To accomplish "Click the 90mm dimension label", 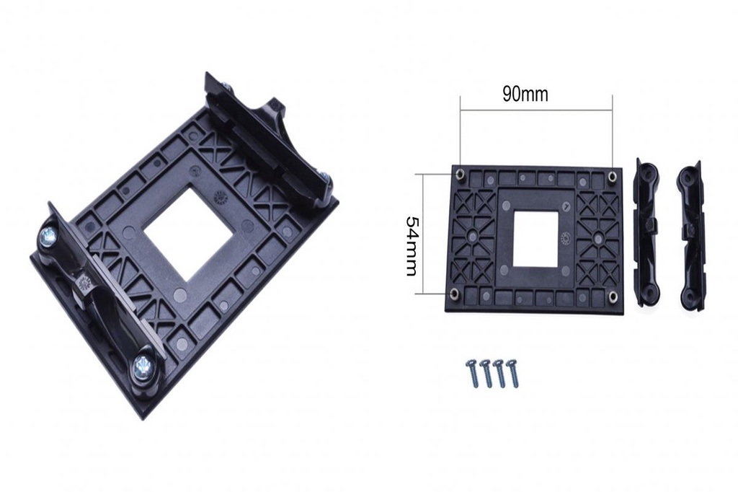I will click(x=525, y=95).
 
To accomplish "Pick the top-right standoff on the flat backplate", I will click(x=612, y=176).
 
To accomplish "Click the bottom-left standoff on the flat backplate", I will click(x=454, y=293).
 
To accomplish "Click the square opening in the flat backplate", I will click(x=536, y=238).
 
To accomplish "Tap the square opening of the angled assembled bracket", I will click(x=189, y=234).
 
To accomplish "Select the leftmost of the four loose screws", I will click(x=472, y=373).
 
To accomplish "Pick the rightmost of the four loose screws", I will click(x=512, y=372).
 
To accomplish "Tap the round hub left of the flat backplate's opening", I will click(x=473, y=236).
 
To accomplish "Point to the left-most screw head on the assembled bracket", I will click(x=49, y=234).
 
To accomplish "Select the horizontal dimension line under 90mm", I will click(x=536, y=110).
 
